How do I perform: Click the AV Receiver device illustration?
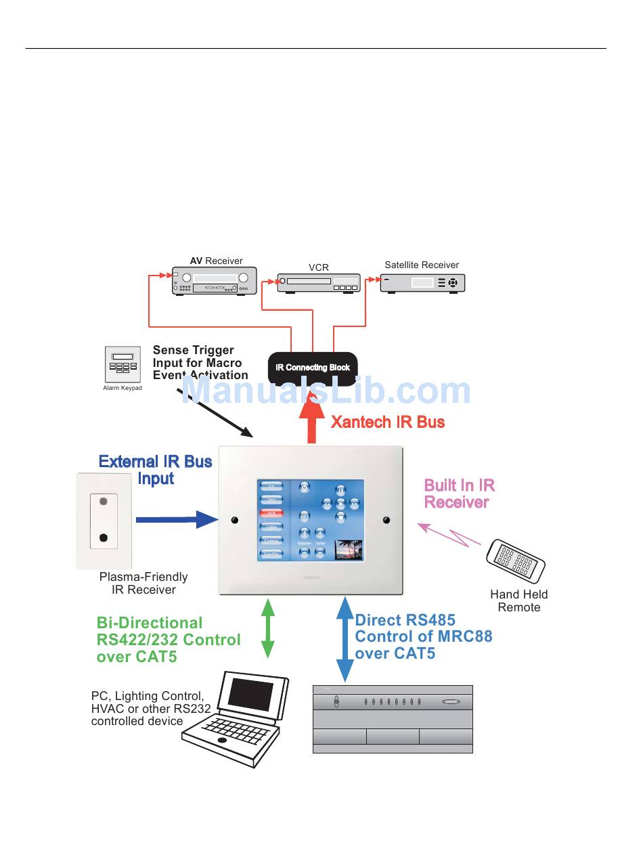(214, 280)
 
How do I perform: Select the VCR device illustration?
(319, 282)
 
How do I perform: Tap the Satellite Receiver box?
(422, 282)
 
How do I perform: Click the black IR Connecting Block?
(313, 367)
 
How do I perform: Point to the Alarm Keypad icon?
(122, 365)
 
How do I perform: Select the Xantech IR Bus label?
(388, 422)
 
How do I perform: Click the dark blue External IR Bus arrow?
(176, 519)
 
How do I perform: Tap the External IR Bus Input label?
(156, 470)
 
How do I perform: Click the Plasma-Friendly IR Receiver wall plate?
(104, 520)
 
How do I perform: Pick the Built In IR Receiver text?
(459, 494)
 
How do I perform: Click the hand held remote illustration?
(516, 561)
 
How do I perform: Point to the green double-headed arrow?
(268, 628)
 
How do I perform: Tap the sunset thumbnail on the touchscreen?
(349, 549)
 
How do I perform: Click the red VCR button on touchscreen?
(271, 513)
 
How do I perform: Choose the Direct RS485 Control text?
(423, 636)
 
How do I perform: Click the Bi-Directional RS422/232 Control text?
(169, 639)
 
